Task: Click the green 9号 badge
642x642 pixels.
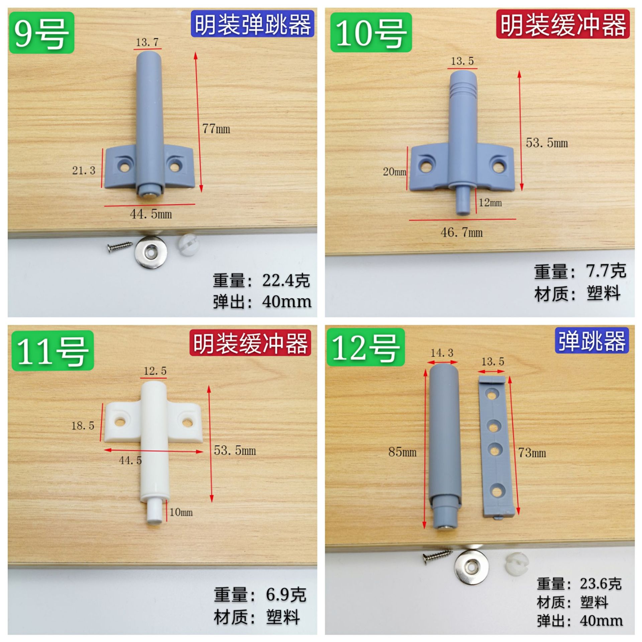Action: tap(41, 32)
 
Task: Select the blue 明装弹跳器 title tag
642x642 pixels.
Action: tap(252, 24)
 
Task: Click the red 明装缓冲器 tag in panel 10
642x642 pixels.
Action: tap(563, 24)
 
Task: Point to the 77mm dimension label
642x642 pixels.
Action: tap(216, 129)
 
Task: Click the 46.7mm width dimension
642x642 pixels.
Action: tap(462, 232)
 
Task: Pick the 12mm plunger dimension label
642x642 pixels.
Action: tap(490, 203)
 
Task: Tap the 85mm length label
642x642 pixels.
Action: tap(402, 452)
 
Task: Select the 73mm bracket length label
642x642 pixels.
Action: tap(532, 453)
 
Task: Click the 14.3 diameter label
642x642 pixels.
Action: tap(442, 353)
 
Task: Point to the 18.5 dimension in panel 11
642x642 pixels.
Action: tap(83, 426)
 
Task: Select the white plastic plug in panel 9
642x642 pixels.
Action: tap(188, 245)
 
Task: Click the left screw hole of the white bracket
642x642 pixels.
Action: tap(119, 422)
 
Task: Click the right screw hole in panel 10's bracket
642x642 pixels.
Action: tap(497, 165)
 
